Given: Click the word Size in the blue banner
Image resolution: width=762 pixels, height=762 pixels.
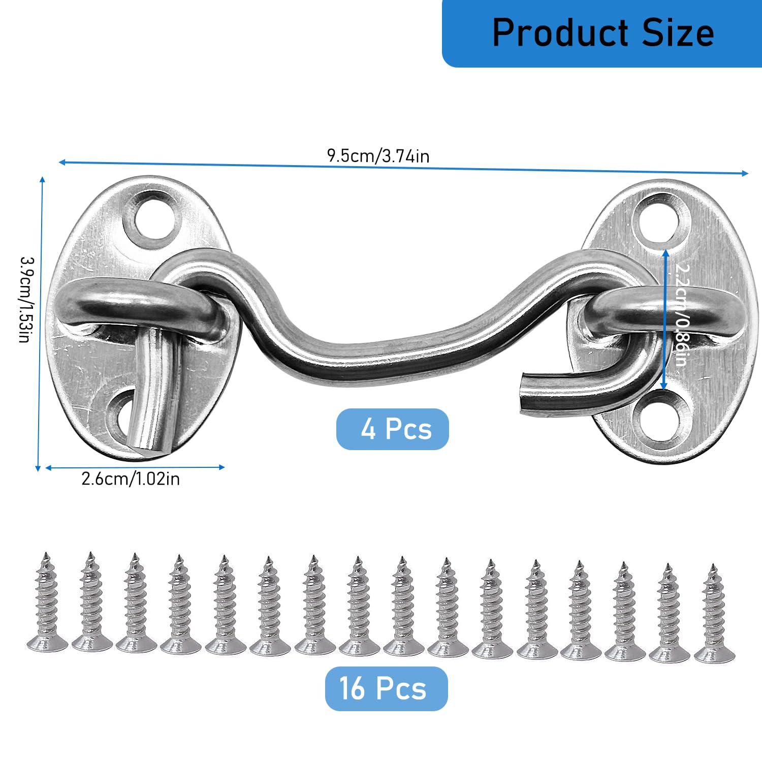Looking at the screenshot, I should [678, 33].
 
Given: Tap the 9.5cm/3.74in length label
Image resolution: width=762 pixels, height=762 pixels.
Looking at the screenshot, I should [378, 155].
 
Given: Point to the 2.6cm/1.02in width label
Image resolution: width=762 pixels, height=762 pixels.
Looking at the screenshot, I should [131, 479].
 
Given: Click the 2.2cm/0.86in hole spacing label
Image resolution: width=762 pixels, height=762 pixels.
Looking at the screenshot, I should [681, 315].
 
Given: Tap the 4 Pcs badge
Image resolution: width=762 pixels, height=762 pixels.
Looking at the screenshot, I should [393, 429].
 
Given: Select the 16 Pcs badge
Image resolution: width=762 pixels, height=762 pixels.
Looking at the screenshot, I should [386, 689].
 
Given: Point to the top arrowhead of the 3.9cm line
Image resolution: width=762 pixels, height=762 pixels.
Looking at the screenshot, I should [42, 179].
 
